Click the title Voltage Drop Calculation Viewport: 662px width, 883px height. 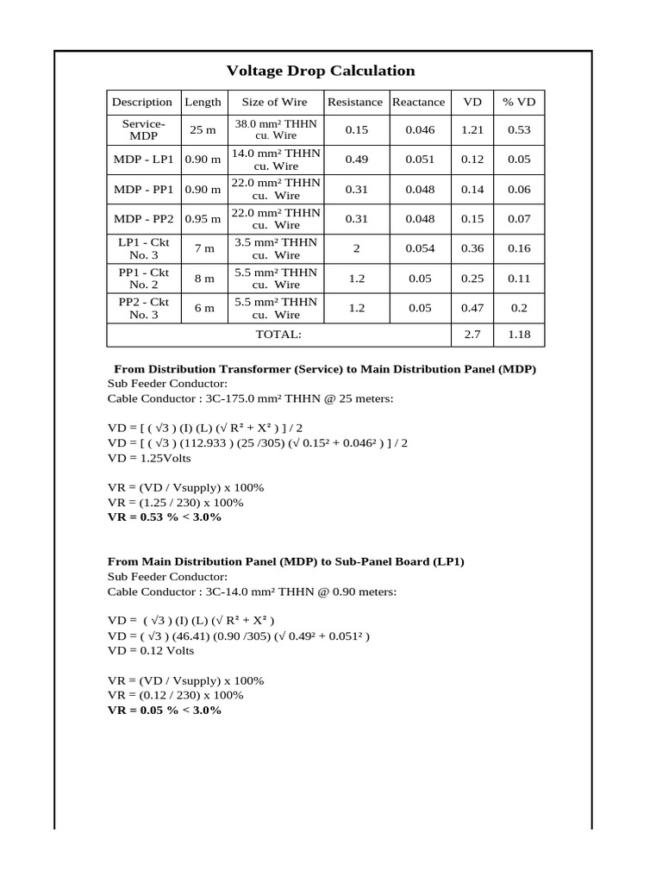click(x=320, y=71)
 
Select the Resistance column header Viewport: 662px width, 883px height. click(x=354, y=102)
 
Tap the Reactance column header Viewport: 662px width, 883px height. click(x=418, y=102)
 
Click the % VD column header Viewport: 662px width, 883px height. click(x=519, y=102)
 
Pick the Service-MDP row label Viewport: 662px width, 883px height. click(x=143, y=130)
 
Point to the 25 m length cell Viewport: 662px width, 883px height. click(x=203, y=130)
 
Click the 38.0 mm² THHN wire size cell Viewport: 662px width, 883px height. click(x=276, y=130)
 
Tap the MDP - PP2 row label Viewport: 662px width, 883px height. click(x=143, y=219)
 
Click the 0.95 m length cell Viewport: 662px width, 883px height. click(x=203, y=219)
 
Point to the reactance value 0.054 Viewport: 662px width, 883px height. click(x=419, y=248)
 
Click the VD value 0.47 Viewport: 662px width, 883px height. click(x=472, y=308)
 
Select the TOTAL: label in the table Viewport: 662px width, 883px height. click(x=278, y=334)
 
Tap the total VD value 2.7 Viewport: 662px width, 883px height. click(x=472, y=334)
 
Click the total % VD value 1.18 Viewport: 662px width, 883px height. click(x=519, y=334)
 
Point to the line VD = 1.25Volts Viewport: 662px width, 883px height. click(x=149, y=458)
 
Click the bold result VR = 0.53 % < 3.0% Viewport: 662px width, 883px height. click(x=164, y=517)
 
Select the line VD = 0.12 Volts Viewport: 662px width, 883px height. click(x=151, y=651)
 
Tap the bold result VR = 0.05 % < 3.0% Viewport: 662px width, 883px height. click(x=164, y=710)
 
